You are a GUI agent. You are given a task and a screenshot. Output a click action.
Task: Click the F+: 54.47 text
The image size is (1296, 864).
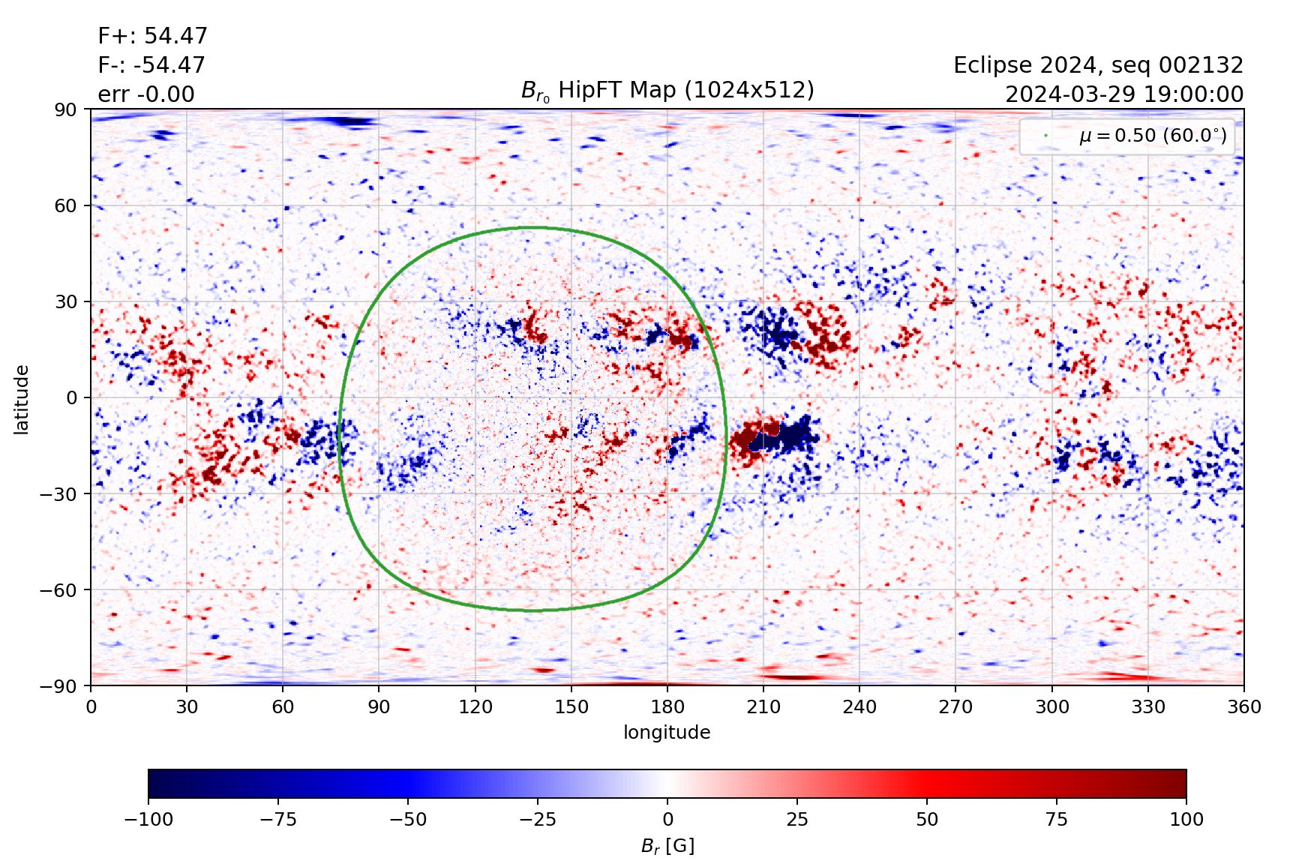[x=152, y=36]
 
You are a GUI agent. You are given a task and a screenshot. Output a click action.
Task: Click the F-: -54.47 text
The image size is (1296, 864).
[x=151, y=65]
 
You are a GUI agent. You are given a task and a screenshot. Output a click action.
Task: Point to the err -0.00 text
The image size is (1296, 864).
[x=146, y=94]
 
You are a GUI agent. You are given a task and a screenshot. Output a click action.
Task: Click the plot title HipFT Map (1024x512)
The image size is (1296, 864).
[x=667, y=90]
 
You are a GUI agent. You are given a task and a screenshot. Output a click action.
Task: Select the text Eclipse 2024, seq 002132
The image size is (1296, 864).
[x=1098, y=65]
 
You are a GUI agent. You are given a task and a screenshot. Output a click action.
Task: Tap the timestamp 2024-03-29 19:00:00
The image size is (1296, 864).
[x=1123, y=94]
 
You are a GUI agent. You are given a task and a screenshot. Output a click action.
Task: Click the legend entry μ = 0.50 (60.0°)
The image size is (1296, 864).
[x=1152, y=136]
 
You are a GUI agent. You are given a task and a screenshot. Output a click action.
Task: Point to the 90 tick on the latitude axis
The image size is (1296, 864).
[x=65, y=109]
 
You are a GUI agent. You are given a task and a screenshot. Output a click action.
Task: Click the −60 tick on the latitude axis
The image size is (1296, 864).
[x=61, y=589]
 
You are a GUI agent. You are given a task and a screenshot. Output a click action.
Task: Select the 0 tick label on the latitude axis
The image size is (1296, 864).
[x=71, y=397]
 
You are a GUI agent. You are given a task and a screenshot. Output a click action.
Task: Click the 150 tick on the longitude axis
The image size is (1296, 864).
[x=571, y=706]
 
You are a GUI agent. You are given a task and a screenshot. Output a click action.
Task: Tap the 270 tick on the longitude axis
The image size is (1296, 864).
[x=955, y=706]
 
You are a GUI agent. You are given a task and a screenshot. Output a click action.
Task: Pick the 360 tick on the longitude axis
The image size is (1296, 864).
[x=1243, y=706]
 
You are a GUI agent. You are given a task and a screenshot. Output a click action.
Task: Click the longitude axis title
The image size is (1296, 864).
[x=667, y=732]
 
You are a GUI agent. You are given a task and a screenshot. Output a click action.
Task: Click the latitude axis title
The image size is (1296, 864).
[x=22, y=399]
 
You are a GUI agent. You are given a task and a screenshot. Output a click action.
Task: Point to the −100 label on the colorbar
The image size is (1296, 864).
[x=148, y=819]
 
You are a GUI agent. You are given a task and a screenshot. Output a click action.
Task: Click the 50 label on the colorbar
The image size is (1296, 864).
[x=927, y=819]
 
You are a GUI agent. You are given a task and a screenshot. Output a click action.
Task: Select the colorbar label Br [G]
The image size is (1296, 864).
[x=667, y=846]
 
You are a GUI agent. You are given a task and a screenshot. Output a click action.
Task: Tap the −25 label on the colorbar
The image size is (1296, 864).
[x=538, y=819]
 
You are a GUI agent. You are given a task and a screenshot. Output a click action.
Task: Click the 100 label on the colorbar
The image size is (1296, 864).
[x=1186, y=819]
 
